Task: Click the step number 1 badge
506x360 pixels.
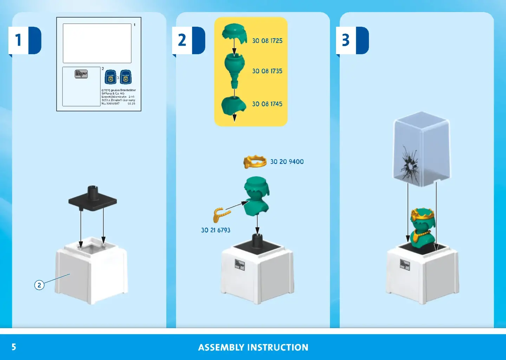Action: (19, 40)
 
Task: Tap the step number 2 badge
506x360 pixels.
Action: (182, 40)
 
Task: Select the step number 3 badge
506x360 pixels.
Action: (346, 40)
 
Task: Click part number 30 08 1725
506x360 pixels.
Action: (267, 41)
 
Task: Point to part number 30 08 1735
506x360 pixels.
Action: (267, 71)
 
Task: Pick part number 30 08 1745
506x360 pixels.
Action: (267, 104)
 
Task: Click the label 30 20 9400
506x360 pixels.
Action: (287, 162)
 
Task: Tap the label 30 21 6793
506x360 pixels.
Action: (215, 230)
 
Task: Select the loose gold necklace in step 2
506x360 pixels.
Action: (221, 214)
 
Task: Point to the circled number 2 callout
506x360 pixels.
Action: (39, 285)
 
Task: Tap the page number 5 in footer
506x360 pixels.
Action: (14, 347)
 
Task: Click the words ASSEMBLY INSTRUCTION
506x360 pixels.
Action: (253, 347)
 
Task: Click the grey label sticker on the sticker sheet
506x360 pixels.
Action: (81, 74)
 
